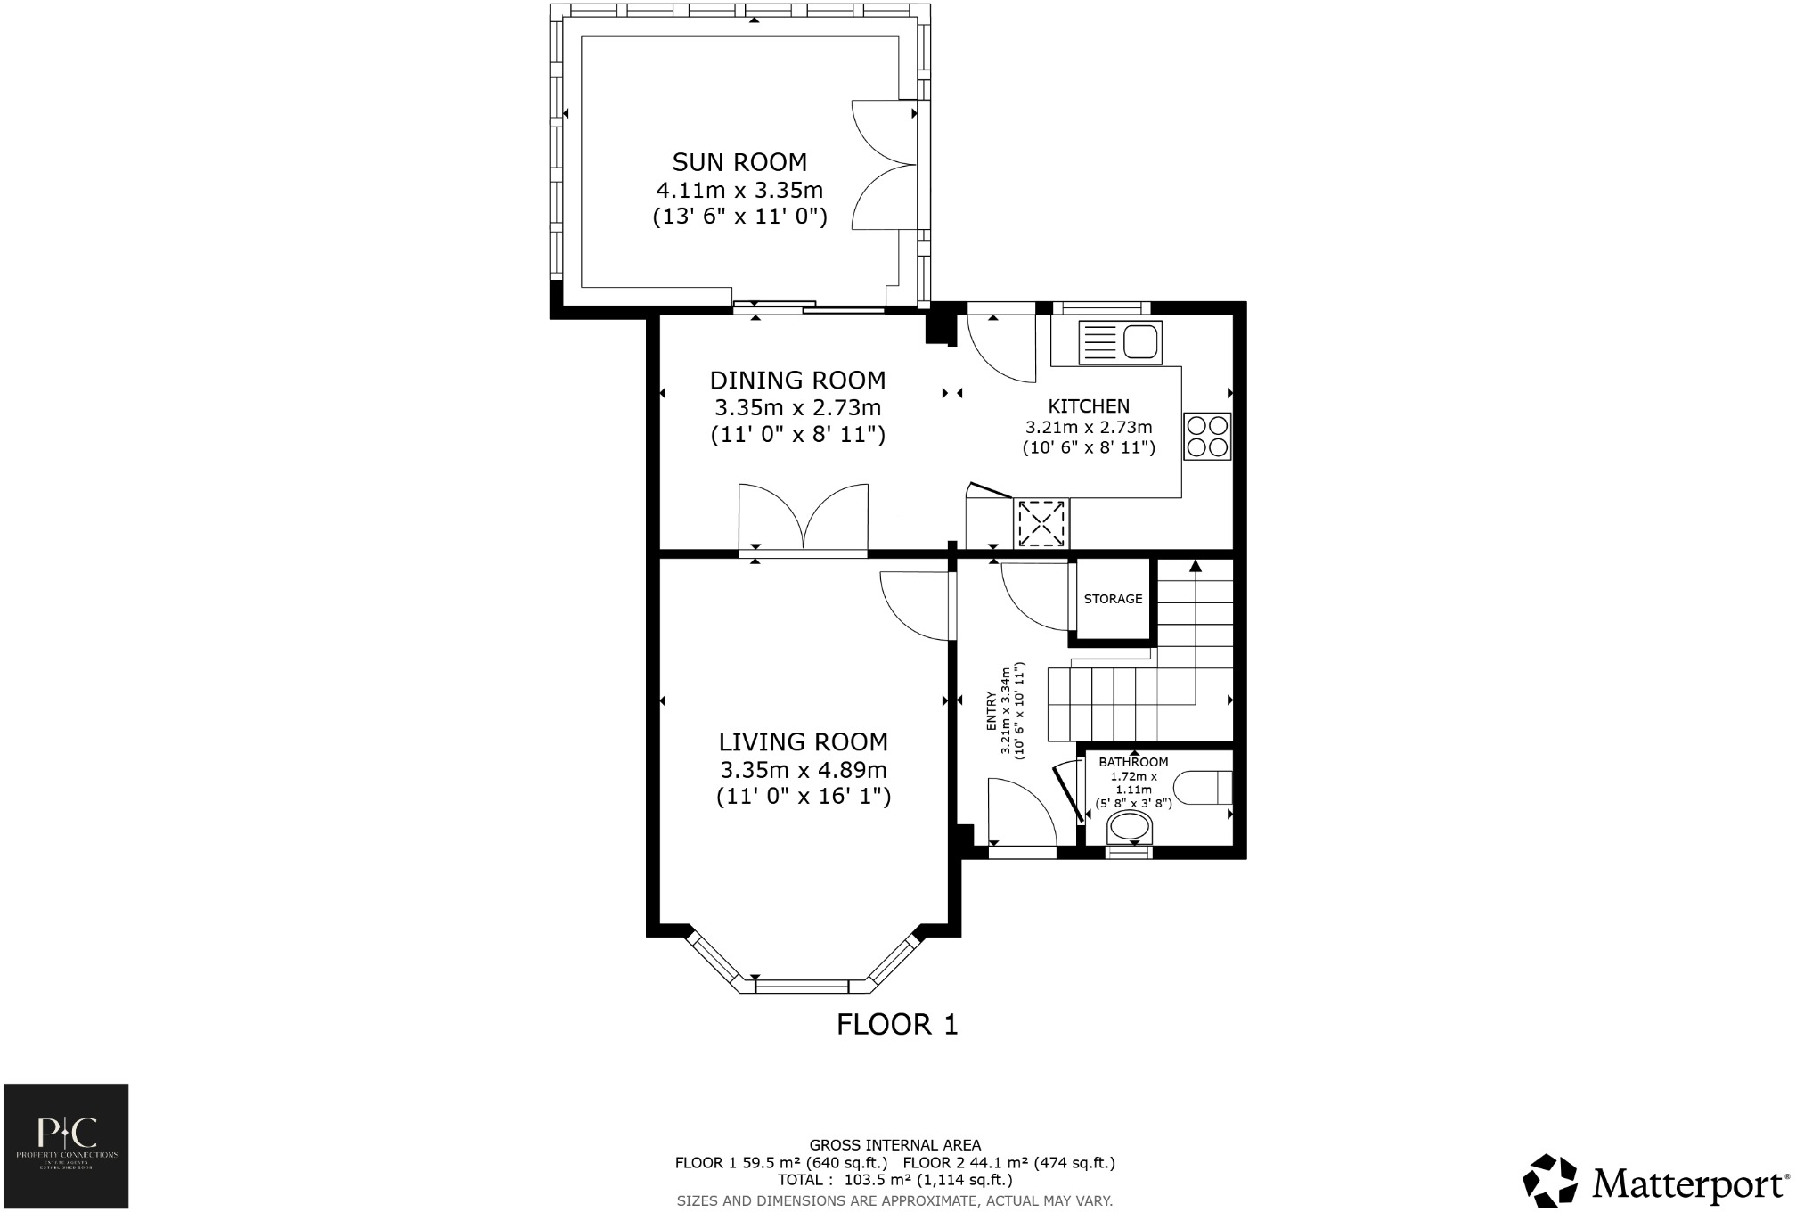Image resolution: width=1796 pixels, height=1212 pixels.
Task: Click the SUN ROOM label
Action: click(x=739, y=162)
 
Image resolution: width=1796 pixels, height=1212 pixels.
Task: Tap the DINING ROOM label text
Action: click(x=797, y=381)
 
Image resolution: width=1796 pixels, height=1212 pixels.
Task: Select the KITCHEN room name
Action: click(x=1089, y=406)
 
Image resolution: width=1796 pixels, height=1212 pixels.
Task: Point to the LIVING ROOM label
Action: click(x=803, y=741)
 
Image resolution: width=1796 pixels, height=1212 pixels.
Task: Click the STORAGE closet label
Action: click(x=1113, y=599)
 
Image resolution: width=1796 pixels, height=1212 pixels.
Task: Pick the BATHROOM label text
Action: click(x=1132, y=762)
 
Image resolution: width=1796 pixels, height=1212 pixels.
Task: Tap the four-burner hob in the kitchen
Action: click(x=1207, y=437)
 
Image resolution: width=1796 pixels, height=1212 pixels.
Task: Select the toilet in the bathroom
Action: click(x=1203, y=789)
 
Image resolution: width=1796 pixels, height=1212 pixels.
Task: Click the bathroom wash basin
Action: click(x=1129, y=828)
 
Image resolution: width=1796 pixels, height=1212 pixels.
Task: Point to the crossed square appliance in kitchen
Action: click(x=1041, y=523)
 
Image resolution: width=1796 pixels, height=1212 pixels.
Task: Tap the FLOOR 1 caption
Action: click(x=897, y=1025)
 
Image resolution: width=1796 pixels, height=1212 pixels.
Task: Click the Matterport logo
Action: click(x=1653, y=1183)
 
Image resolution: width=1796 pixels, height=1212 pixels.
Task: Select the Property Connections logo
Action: click(x=66, y=1145)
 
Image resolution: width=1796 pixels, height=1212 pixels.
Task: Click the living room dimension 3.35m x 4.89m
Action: click(x=803, y=770)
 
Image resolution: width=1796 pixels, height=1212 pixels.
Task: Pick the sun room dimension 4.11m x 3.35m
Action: click(x=739, y=190)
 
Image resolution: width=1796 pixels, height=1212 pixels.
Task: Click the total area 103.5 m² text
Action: click(x=894, y=1180)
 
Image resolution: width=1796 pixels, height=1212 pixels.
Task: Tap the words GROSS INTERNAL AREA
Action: click(x=894, y=1145)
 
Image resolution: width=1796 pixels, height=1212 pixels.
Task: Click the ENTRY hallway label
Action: click(x=992, y=711)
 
